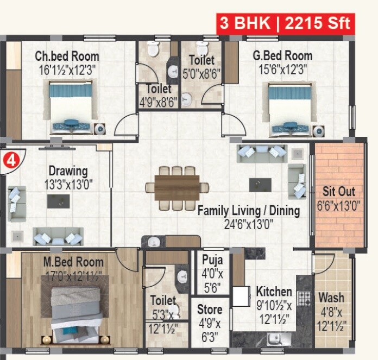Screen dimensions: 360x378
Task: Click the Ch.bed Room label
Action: coord(67,56)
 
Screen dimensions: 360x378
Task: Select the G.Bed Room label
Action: coord(282,56)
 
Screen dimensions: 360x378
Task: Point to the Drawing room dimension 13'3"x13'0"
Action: coord(68,185)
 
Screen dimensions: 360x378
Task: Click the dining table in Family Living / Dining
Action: coord(177,187)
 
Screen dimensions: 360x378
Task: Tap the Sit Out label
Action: coord(339,192)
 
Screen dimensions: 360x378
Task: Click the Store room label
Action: coord(210,310)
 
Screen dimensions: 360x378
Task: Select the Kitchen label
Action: coord(274,292)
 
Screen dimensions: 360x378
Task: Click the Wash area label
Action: coord(331,298)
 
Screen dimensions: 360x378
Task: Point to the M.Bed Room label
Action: coord(73,262)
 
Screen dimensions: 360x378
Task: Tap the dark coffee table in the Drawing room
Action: coord(58,201)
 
